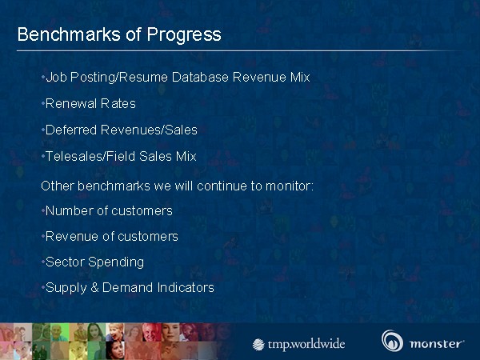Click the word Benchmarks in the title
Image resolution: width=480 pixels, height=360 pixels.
click(69, 34)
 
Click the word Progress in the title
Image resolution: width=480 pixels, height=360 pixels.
click(184, 35)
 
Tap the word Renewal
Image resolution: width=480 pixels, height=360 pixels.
click(70, 104)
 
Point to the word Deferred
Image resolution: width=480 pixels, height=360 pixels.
click(71, 130)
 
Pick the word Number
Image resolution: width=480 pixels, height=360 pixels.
click(70, 210)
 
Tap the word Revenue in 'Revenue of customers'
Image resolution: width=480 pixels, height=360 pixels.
click(72, 236)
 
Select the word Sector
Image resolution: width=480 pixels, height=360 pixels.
click(65, 262)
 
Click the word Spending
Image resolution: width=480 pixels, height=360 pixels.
click(116, 262)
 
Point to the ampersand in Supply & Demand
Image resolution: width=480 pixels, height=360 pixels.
click(94, 288)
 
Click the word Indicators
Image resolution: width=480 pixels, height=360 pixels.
click(186, 288)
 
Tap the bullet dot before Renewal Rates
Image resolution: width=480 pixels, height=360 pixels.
click(43, 104)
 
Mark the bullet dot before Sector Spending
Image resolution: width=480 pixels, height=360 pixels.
click(43, 262)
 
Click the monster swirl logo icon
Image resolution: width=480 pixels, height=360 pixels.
click(392, 341)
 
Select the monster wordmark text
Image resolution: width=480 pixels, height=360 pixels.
click(436, 344)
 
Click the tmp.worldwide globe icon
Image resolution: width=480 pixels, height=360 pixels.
click(258, 344)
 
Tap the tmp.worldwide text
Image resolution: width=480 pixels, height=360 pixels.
click(306, 345)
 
